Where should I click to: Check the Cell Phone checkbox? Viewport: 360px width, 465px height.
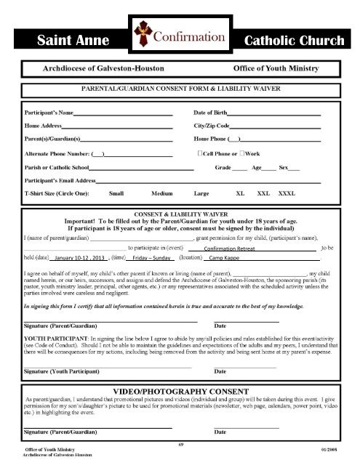[200, 154]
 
